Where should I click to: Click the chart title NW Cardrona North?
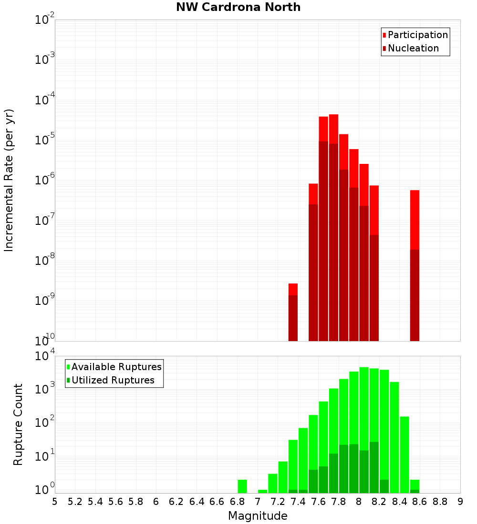pyautogui.click(x=238, y=7)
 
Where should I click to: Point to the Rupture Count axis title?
pyautogui.click(x=18, y=424)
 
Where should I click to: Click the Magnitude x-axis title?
pyautogui.click(x=258, y=516)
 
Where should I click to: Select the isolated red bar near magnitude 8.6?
pyautogui.click(x=415, y=219)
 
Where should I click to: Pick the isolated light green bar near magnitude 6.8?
pyautogui.click(x=242, y=486)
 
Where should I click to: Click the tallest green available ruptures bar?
pyautogui.click(x=364, y=429)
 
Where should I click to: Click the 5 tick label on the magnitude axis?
pyautogui.click(x=55, y=502)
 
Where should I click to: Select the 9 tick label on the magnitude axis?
pyautogui.click(x=460, y=502)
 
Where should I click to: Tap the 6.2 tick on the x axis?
pyautogui.click(x=176, y=502)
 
